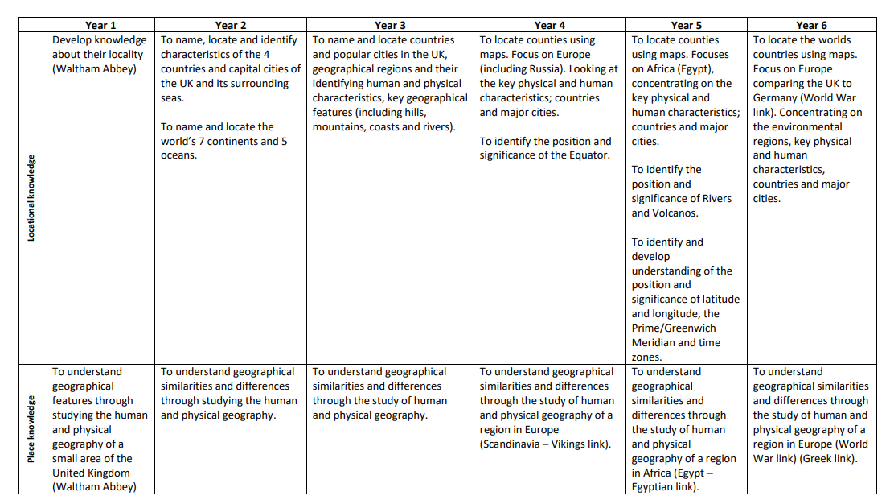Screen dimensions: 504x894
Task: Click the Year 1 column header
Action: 100,26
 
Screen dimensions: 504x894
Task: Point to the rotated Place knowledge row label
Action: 31,429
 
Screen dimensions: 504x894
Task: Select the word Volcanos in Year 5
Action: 677,213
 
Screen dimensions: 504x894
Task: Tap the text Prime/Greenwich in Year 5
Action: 674,328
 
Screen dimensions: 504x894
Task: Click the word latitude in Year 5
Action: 717,300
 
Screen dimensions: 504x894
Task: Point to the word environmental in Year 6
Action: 798,127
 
